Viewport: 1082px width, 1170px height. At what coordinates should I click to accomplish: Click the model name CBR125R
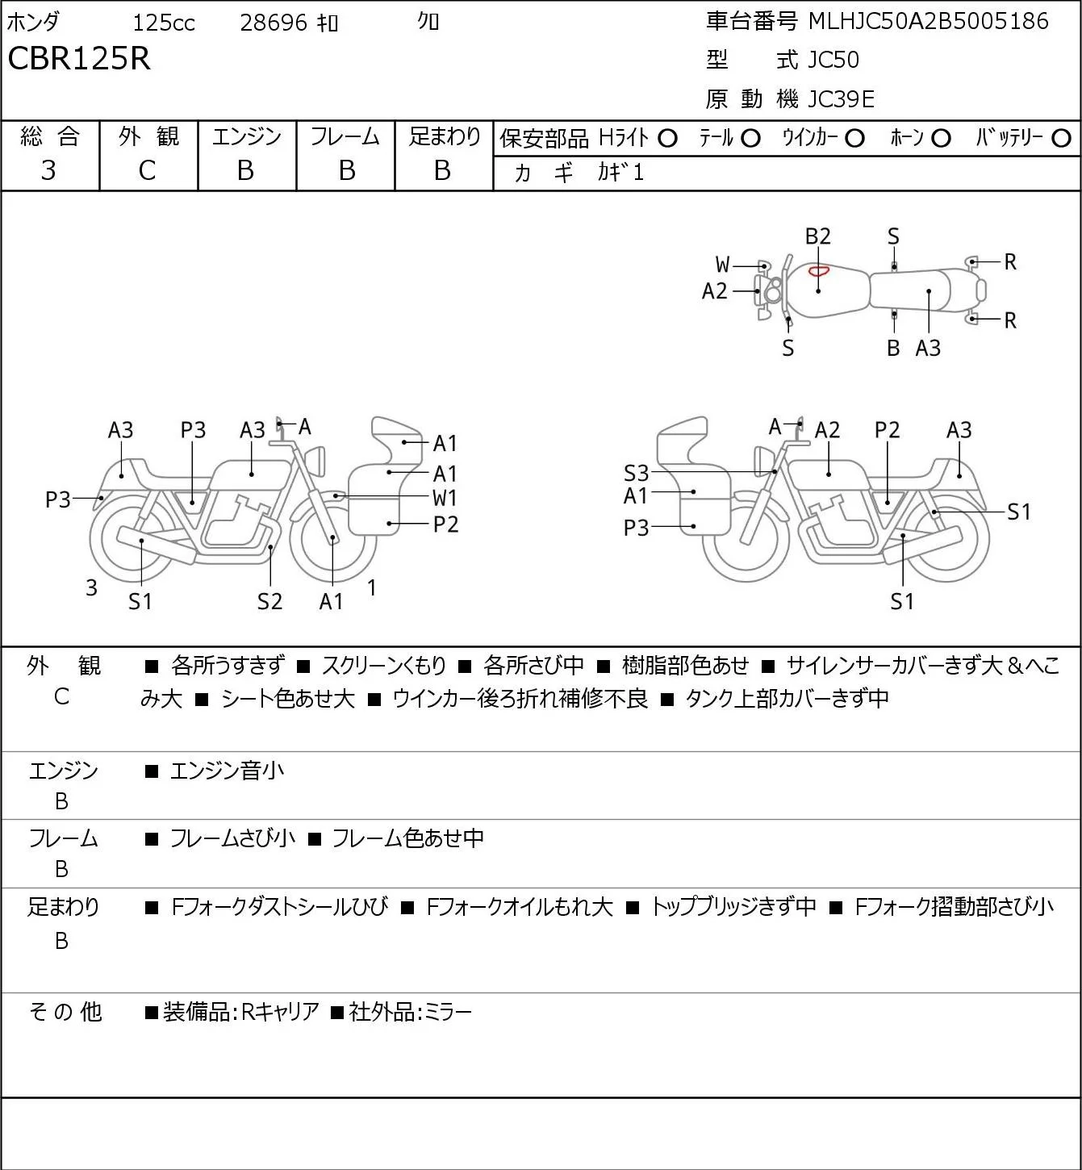79,58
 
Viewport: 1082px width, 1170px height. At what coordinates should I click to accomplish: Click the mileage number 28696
274,23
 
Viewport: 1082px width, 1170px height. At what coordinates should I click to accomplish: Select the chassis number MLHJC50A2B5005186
928,21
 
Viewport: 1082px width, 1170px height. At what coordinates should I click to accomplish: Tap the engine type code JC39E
841,99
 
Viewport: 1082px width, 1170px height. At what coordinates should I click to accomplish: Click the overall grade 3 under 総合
48,171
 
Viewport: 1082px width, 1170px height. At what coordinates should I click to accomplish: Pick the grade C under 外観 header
147,171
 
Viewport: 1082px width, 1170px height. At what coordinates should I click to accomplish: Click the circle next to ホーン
941,139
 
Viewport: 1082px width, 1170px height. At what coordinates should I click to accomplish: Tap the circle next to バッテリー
1061,139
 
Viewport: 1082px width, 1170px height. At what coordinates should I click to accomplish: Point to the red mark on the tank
818,271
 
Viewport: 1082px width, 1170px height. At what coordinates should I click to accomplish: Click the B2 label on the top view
818,236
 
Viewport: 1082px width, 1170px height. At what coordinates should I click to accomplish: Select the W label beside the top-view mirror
722,265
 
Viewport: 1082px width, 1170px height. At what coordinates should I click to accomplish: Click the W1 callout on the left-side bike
445,499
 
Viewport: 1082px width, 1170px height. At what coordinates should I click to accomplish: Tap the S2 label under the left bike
270,601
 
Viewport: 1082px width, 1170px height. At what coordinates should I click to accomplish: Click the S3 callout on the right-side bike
637,473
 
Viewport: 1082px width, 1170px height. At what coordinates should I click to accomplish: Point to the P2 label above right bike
887,430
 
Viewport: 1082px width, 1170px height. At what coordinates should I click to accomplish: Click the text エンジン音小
227,771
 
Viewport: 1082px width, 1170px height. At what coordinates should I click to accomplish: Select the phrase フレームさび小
232,838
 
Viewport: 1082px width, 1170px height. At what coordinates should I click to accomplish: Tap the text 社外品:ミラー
410,1012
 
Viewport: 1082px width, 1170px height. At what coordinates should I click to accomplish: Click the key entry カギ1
620,173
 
